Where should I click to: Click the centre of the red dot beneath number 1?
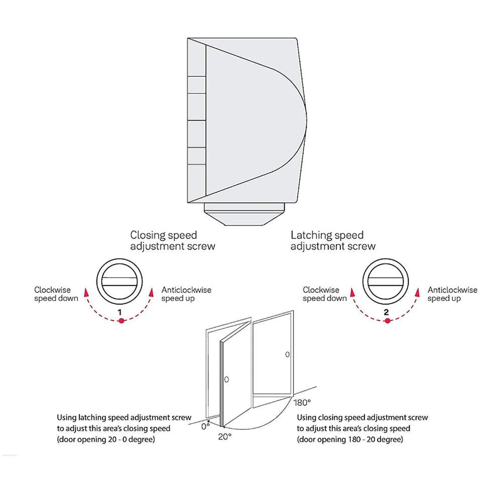[x=121, y=320]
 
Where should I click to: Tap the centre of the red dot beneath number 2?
[x=388, y=320]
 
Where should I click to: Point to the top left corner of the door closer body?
[x=188, y=38]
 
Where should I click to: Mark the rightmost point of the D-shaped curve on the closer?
[x=307, y=120]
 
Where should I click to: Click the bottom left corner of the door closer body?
[x=188, y=203]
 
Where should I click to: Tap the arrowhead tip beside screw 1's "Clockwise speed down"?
[x=86, y=288]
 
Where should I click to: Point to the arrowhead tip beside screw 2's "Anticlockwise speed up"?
[x=418, y=288]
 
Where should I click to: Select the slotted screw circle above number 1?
[x=119, y=282]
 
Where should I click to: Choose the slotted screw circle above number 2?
[x=386, y=282]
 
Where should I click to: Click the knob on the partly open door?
[x=226, y=380]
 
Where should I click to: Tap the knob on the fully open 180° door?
[x=287, y=354]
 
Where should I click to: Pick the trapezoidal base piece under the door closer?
[x=244, y=214]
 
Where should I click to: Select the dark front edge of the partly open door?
[x=221, y=384]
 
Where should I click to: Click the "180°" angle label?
[x=302, y=403]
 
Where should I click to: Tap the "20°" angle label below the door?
[x=225, y=437]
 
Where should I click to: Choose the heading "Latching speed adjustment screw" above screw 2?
[x=333, y=240]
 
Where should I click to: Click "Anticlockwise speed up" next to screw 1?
[x=186, y=294]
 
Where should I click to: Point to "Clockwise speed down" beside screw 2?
[x=325, y=294]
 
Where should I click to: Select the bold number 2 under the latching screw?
[x=386, y=312]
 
